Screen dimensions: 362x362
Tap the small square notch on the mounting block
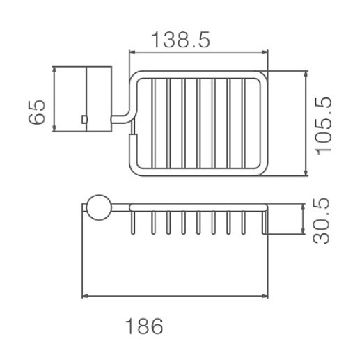84,120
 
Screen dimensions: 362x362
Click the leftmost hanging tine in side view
130,221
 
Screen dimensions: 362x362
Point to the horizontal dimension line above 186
174,297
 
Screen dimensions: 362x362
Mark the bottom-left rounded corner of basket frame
134,171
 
